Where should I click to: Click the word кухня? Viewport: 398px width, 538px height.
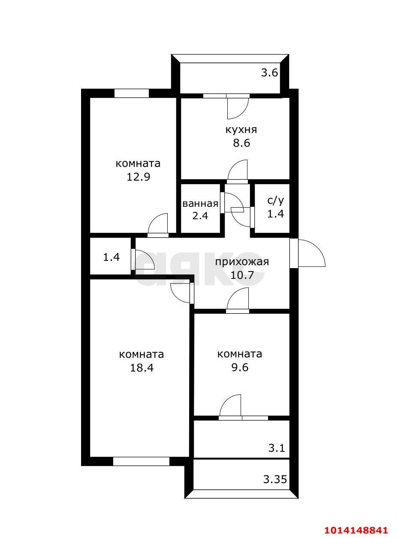[241, 130]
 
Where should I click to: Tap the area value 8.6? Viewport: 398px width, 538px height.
[241, 143]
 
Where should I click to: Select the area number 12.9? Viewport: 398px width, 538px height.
[138, 177]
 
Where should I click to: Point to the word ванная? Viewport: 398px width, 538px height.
[200, 203]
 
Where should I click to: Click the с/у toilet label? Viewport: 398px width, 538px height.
[275, 200]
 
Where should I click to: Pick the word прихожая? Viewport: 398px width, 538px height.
[241, 262]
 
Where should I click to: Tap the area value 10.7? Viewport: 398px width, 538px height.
[241, 275]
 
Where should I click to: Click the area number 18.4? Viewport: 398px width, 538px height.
[142, 368]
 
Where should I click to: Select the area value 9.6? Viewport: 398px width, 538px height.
[239, 368]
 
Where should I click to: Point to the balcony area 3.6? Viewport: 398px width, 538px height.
[270, 73]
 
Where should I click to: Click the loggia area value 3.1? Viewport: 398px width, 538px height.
[277, 449]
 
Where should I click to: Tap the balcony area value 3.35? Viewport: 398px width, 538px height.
[275, 479]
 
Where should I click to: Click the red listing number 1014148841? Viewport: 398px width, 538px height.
[356, 530]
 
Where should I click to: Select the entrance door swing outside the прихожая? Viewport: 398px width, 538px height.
[311, 254]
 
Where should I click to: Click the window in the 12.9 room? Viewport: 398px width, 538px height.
[131, 93]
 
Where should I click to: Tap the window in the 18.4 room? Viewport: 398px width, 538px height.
[141, 462]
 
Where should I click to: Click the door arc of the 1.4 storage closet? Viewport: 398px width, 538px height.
[145, 260]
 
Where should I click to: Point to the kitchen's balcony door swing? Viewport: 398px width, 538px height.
[237, 107]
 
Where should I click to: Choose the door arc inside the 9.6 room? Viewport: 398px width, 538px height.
[231, 405]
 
